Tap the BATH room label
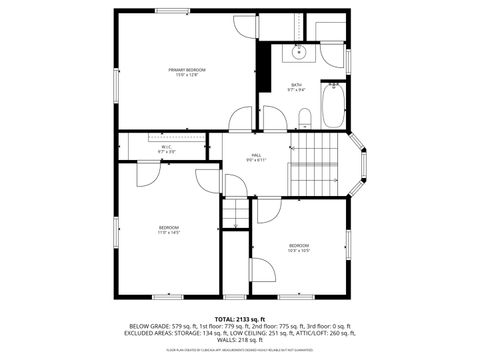pyautogui.click(x=297, y=85)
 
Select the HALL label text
pyautogui.click(x=257, y=155)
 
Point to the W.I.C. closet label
pyautogui.click(x=167, y=147)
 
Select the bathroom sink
pyautogui.click(x=297, y=54)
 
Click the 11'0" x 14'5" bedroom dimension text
pyautogui.click(x=168, y=233)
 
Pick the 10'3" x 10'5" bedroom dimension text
pyautogui.click(x=299, y=251)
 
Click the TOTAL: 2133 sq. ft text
pyautogui.click(x=240, y=318)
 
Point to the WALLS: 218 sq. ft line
pyautogui.click(x=239, y=340)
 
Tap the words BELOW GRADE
pyautogui.click(x=146, y=326)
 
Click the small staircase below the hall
pyautogui.click(x=234, y=212)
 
